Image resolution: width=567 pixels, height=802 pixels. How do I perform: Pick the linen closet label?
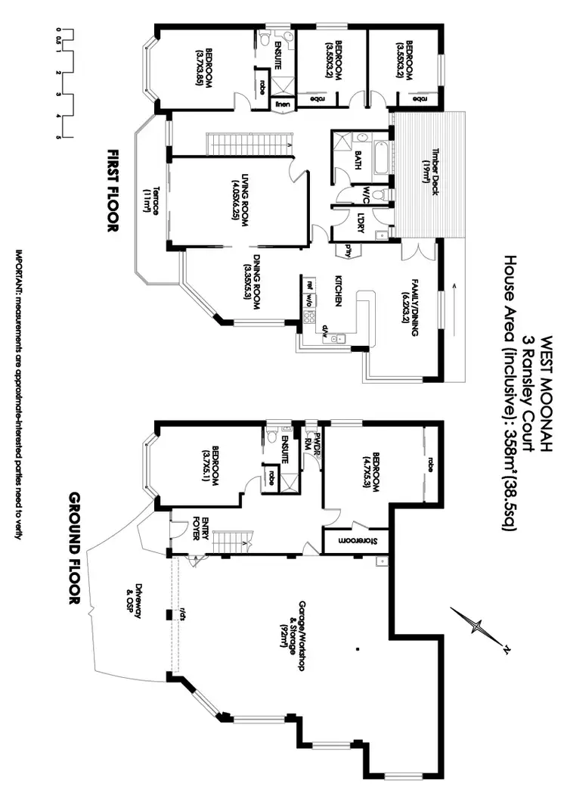point(281,102)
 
